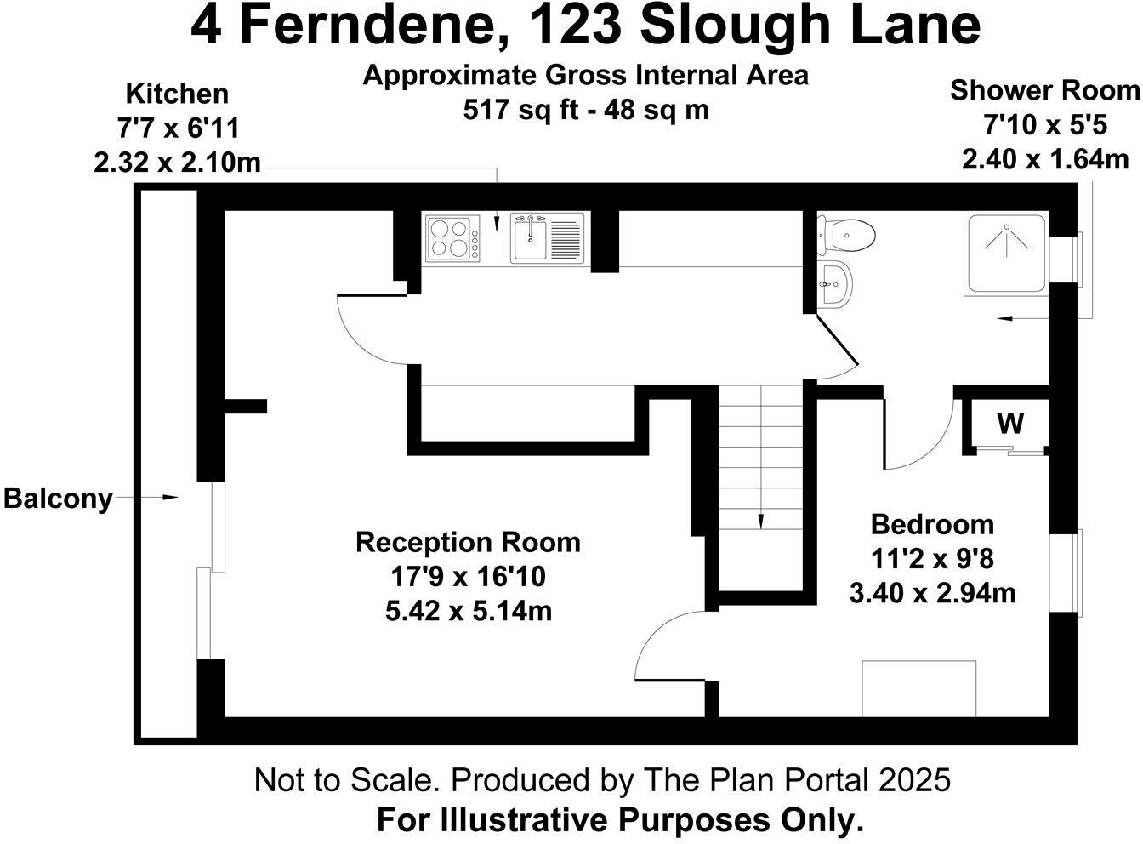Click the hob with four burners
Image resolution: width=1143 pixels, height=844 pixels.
click(x=452, y=238)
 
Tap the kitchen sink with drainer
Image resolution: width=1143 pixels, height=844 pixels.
click(x=547, y=238)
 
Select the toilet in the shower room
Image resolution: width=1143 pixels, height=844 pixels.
click(x=847, y=234)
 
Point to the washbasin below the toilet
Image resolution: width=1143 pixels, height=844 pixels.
click(x=835, y=282)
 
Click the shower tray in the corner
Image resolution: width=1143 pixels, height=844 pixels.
click(x=1006, y=254)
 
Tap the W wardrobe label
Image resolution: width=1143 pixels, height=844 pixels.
click(x=1009, y=423)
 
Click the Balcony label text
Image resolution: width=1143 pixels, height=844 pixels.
click(x=58, y=499)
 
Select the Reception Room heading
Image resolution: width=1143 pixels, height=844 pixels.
click(x=468, y=542)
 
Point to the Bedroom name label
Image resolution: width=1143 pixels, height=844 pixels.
click(x=932, y=524)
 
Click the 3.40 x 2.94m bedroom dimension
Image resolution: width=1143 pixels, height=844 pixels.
click(x=932, y=593)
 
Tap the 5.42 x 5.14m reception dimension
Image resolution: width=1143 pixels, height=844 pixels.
click(x=468, y=611)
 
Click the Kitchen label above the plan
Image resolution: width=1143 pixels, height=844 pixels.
click(x=177, y=94)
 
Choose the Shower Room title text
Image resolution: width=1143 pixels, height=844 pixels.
click(x=1044, y=90)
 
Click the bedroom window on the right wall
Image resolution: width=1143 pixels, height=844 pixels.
click(x=1067, y=572)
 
